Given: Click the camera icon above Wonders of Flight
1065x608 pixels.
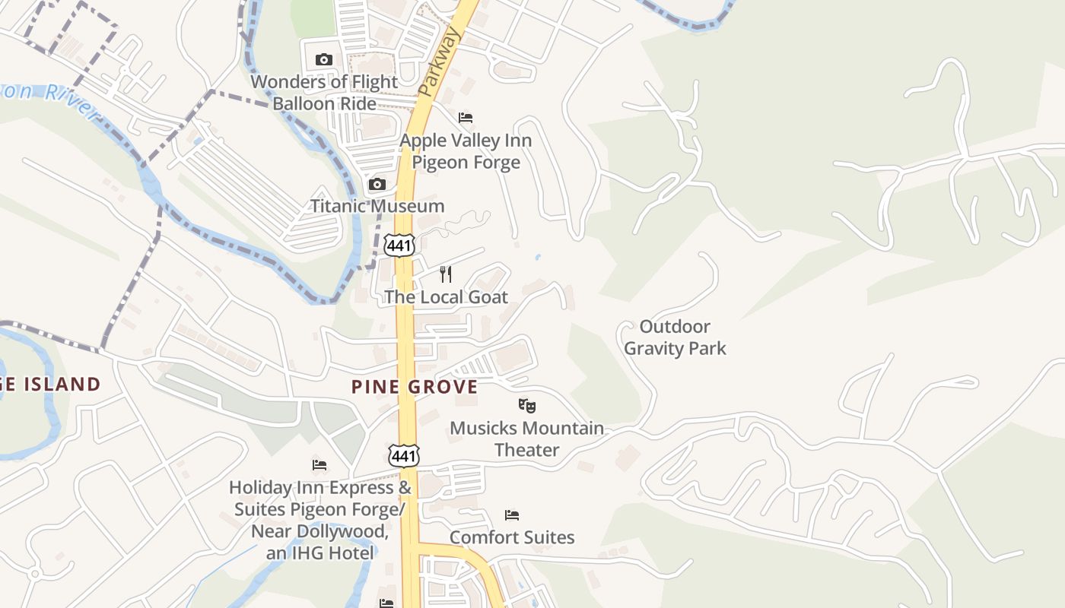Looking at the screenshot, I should tap(323, 59).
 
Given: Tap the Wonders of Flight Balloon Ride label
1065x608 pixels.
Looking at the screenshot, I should tap(324, 92).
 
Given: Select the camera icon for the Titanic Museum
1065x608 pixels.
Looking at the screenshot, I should tap(377, 184).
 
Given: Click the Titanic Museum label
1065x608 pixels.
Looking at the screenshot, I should tap(377, 206).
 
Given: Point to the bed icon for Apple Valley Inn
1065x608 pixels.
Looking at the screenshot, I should tap(466, 118).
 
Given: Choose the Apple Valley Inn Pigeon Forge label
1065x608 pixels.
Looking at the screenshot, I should tap(466, 151).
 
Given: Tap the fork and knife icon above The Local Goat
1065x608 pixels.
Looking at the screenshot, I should tap(446, 274).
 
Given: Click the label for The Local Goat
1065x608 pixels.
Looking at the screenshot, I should tap(446, 296).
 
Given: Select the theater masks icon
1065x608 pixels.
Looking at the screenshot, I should tap(526, 406).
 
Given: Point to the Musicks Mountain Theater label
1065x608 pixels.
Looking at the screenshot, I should tap(526, 439).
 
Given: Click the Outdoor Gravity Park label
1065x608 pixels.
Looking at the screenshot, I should tap(675, 337).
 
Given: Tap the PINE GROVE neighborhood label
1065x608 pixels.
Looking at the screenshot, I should tap(415, 387).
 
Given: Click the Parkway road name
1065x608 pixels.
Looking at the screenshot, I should tap(440, 62).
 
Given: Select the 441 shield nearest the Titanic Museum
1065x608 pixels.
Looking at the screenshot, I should tap(399, 245).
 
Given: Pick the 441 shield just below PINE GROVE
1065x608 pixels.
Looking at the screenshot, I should tap(402, 455).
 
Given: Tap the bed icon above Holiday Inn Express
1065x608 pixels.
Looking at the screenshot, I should tap(319, 464).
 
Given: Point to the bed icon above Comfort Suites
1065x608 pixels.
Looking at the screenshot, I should tap(512, 515).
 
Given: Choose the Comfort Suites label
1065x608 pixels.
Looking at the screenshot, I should tap(512, 537).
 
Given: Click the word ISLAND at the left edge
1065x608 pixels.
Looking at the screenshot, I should tap(61, 385).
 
